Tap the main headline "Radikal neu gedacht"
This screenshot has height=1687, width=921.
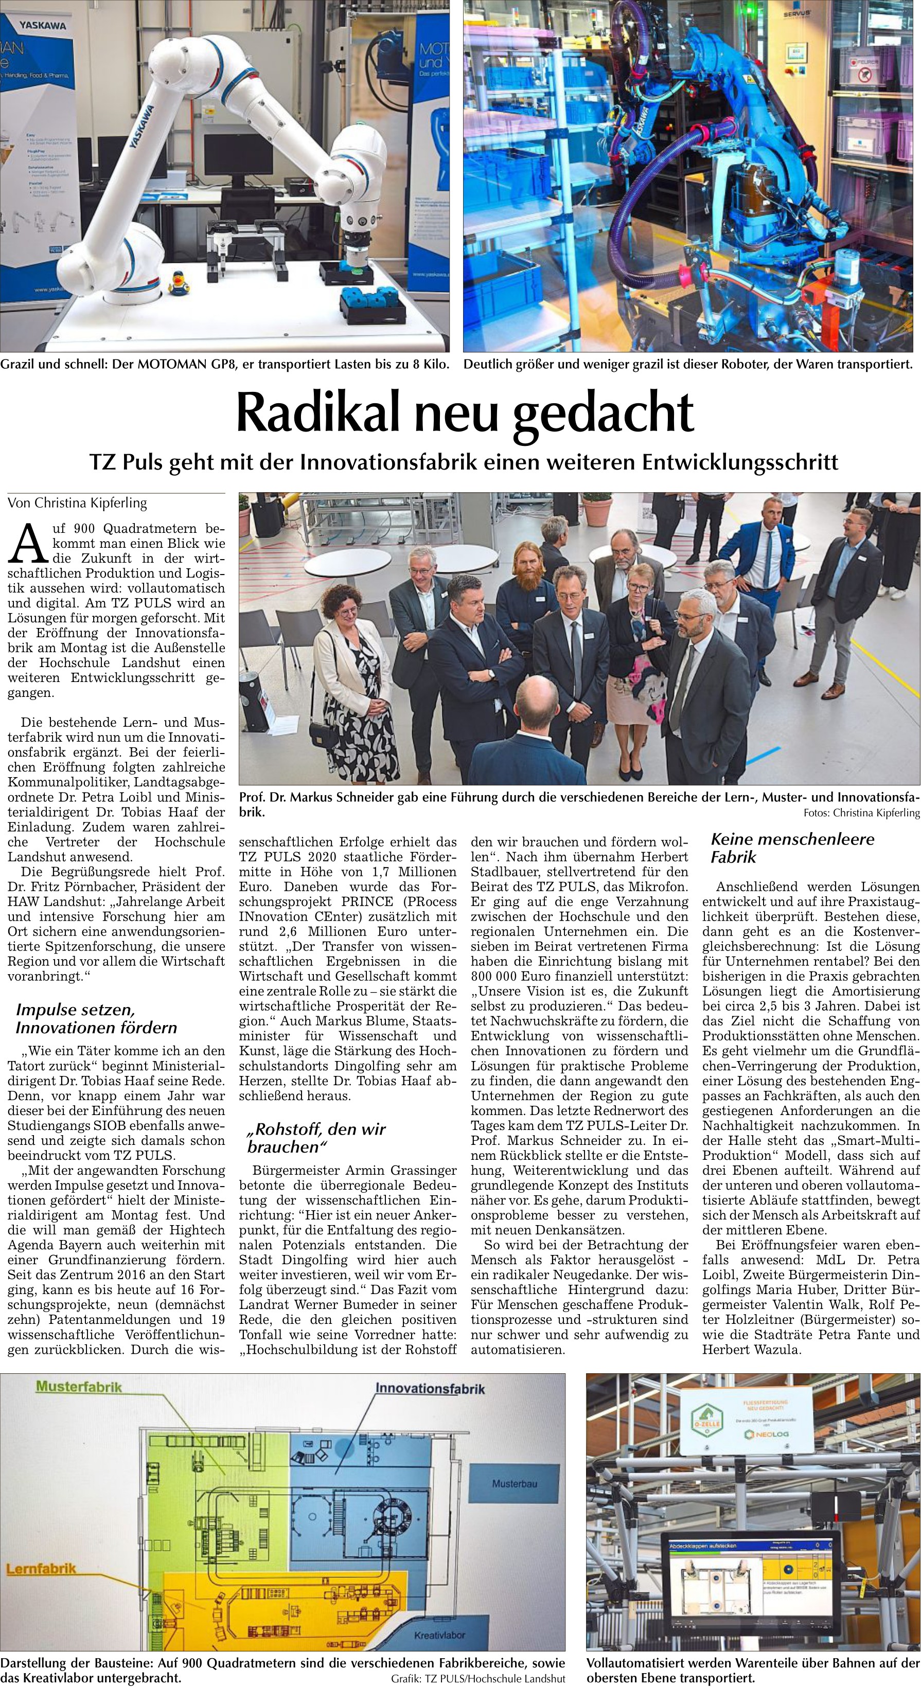click(465, 412)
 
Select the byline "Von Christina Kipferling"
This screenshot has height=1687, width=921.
click(77, 503)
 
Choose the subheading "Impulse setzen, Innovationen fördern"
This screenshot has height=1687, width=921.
click(96, 1018)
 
